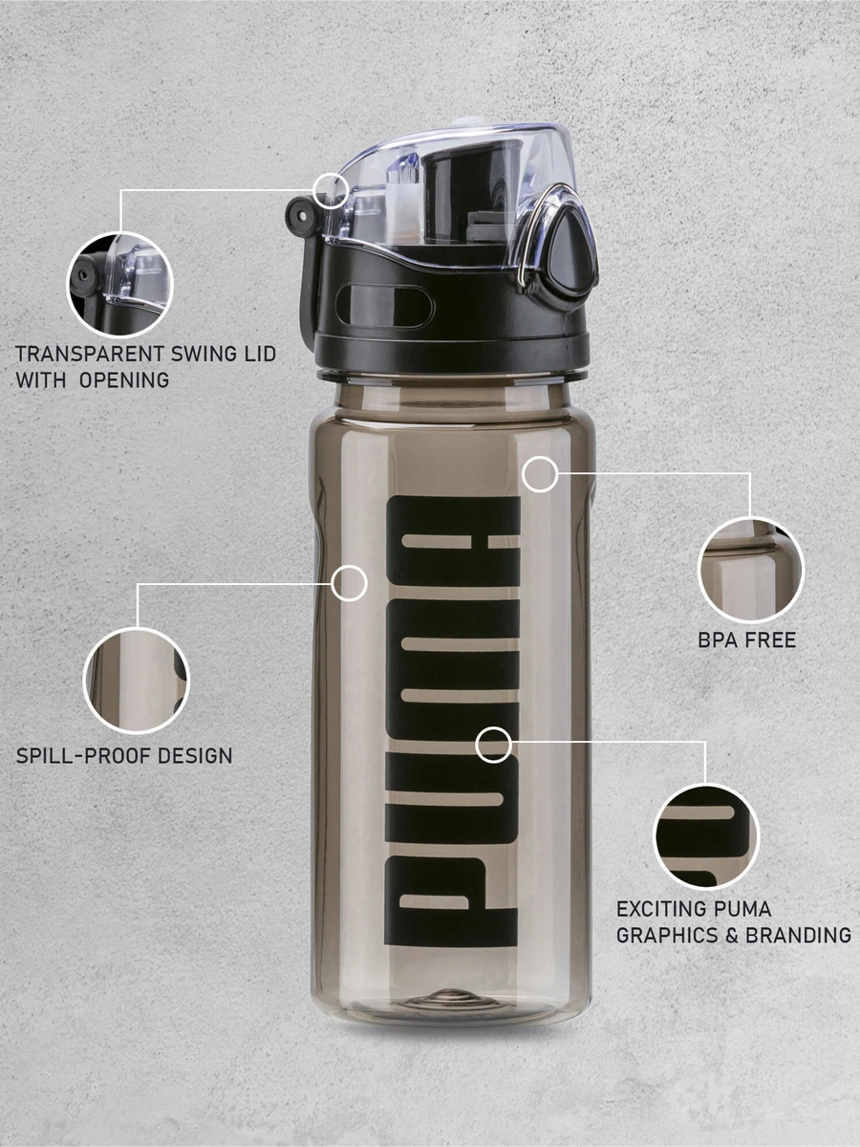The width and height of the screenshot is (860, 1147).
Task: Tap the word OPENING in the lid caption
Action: click(124, 379)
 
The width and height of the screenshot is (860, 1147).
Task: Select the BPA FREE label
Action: click(746, 639)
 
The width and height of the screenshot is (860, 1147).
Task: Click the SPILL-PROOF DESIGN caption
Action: click(124, 755)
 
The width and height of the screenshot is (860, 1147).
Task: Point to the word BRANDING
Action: click(798, 935)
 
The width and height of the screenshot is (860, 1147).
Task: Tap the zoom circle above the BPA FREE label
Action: click(750, 571)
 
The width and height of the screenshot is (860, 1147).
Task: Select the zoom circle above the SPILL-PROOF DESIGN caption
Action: click(137, 680)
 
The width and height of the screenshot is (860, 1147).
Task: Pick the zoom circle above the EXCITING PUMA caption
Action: click(705, 836)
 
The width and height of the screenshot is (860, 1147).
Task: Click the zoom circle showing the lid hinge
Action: click(119, 284)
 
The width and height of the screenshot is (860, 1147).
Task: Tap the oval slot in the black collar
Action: click(383, 306)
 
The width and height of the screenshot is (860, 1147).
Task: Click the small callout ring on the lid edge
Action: click(332, 189)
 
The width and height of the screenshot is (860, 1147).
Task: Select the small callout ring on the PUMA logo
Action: click(493, 744)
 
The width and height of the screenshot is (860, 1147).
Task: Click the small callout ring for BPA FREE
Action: click(540, 473)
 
